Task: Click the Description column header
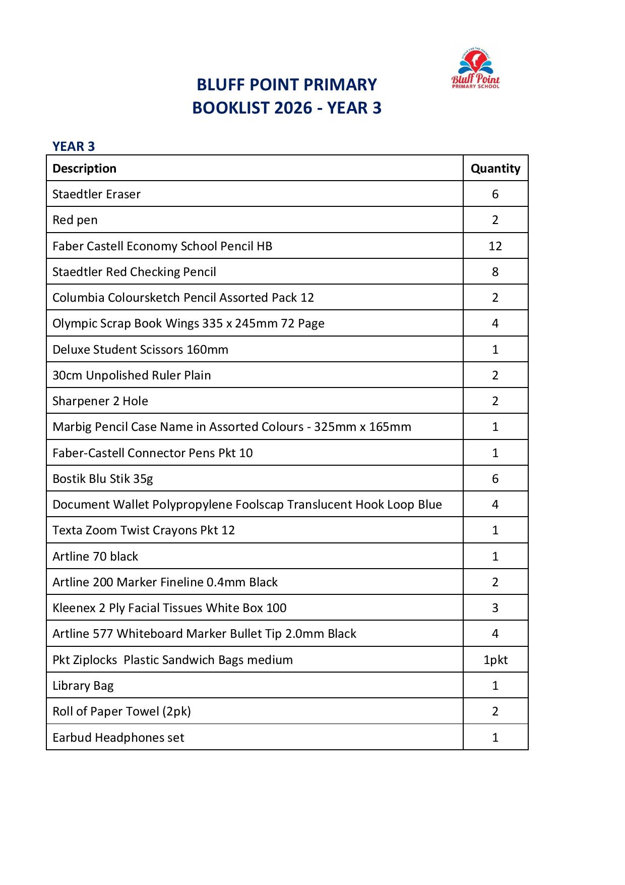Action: (84, 169)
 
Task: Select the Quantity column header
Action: (495, 169)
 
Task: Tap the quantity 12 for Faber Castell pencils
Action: (495, 246)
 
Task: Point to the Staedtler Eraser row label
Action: (96, 194)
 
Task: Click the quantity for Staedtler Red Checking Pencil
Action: (495, 272)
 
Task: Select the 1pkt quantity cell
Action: (495, 660)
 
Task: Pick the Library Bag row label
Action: (83, 686)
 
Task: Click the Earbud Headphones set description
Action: (118, 738)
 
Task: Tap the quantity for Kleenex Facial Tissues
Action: (495, 608)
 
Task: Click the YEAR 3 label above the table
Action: (74, 146)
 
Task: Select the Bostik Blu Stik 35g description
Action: (102, 479)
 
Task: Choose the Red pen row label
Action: (75, 220)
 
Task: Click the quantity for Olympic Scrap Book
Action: (495, 323)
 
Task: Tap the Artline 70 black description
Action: (95, 557)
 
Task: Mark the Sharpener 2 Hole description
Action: (100, 401)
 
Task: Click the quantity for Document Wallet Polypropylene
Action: (495, 505)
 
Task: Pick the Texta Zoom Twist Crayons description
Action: (144, 530)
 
